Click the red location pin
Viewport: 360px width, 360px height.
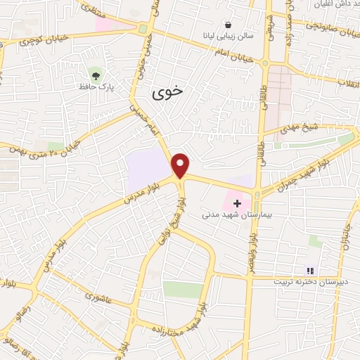click(181, 165)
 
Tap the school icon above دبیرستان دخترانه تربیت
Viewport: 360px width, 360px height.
click(309, 271)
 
